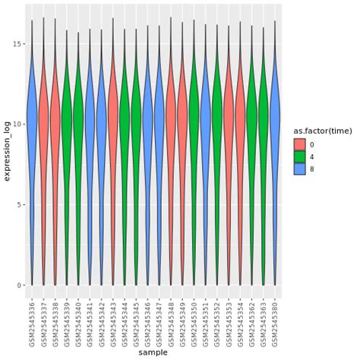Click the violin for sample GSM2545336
tap(32, 122)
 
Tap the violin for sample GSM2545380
tap(275, 122)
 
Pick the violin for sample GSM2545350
tap(194, 122)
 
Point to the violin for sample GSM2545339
tap(67, 122)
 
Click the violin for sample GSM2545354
tap(240, 122)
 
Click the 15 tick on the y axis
tap(18, 43)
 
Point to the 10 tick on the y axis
tap(18, 124)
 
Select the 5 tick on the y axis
tap(20, 204)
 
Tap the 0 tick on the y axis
tap(20, 285)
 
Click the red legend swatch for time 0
tap(300, 144)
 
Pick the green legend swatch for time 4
tap(300, 157)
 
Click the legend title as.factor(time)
tap(323, 131)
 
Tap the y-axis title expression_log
tap(7, 163)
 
